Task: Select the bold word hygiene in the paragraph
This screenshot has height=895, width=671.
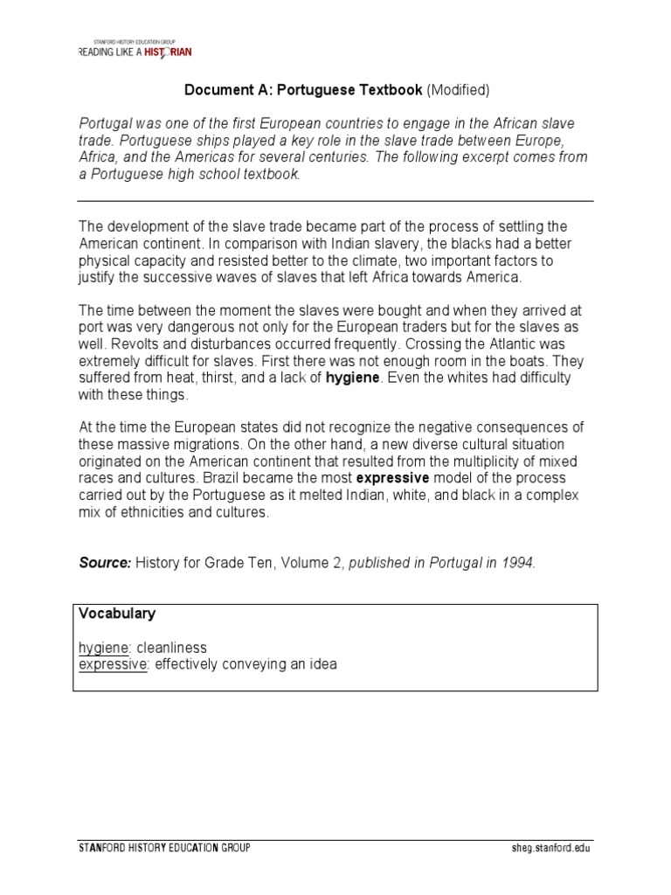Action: (353, 378)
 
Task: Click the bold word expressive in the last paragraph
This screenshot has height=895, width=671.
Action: (392, 479)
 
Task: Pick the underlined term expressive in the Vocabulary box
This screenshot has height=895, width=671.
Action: (112, 664)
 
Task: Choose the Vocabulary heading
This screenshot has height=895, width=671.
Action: (117, 614)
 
